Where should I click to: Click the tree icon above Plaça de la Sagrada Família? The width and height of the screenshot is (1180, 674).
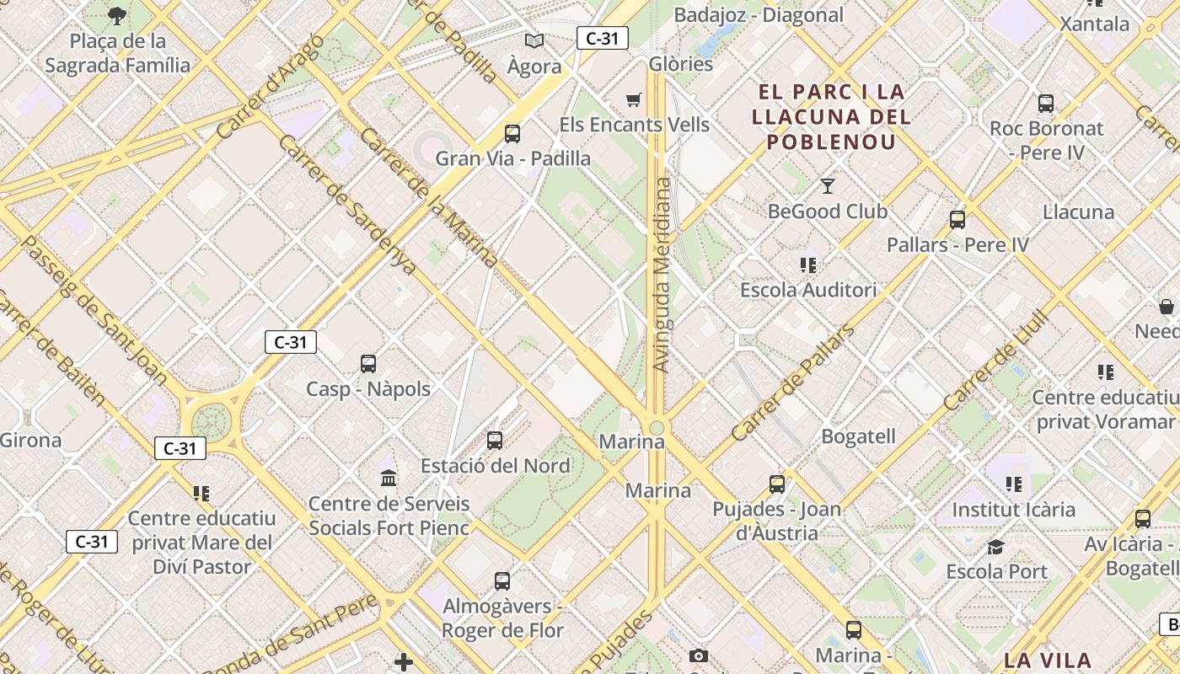[117, 14]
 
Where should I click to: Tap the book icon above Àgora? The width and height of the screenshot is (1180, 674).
[534, 40]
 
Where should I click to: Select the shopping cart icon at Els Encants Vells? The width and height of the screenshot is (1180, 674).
[634, 100]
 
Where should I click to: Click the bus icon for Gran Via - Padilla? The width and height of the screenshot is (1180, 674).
[512, 133]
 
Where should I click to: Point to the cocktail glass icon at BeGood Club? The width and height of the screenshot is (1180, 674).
[828, 186]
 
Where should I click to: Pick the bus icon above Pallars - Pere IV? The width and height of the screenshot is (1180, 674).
[957, 220]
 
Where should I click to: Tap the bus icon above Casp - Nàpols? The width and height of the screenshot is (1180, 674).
[368, 364]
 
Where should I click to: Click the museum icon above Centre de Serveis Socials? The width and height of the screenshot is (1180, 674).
[389, 479]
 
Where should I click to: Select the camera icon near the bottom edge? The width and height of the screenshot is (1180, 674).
[698, 655]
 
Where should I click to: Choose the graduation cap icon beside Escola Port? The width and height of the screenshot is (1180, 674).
[995, 547]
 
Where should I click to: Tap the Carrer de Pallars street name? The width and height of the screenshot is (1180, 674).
[792, 383]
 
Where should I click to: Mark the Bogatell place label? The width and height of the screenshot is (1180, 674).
[858, 436]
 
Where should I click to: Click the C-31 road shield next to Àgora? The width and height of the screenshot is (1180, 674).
[603, 38]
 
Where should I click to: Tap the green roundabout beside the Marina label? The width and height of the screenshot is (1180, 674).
[657, 428]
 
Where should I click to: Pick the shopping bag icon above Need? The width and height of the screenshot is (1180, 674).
[1167, 306]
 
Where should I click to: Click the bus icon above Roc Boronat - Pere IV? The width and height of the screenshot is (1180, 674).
[1046, 104]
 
